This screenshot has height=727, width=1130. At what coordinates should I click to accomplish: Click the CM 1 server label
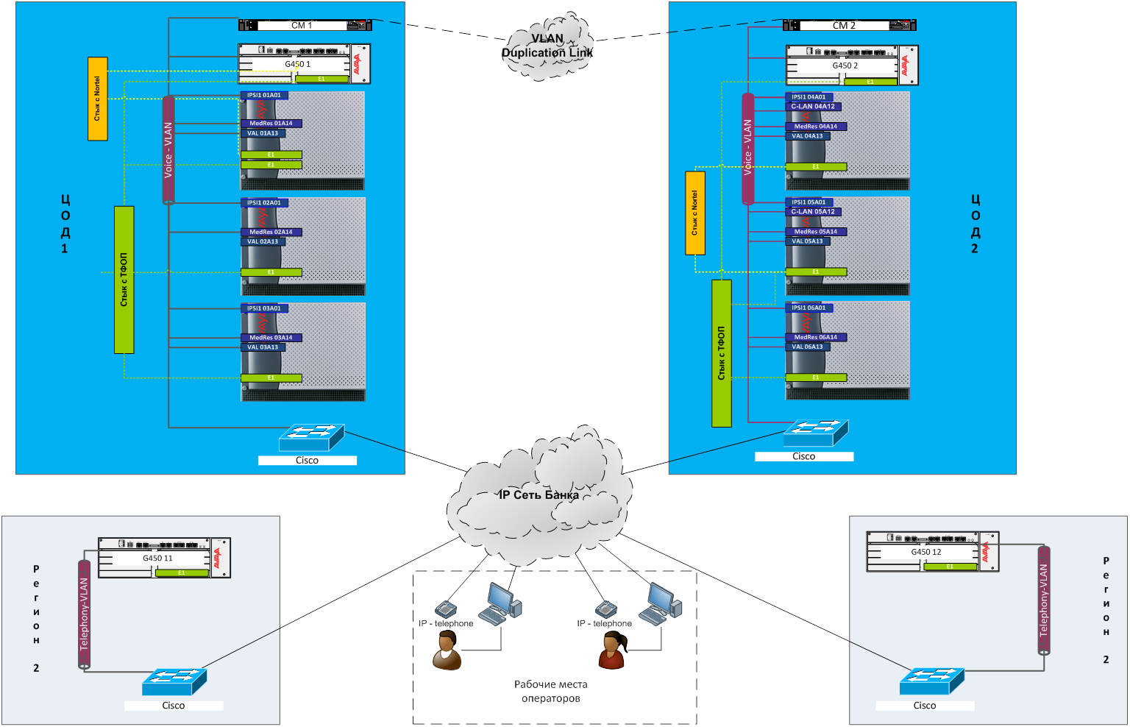click(x=302, y=25)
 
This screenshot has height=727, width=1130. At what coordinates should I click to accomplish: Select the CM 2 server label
click(x=844, y=25)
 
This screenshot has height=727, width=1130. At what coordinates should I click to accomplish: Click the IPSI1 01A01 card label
click(x=264, y=96)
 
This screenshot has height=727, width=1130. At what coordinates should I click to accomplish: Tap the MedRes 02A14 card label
click(x=271, y=232)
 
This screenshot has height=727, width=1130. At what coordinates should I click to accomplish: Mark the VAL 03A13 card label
click(x=263, y=347)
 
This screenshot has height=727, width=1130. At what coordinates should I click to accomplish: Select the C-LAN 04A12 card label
click(x=813, y=107)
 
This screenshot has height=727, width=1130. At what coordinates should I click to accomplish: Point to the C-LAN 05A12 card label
click(x=813, y=212)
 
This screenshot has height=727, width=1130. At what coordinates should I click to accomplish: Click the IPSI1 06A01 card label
click(x=809, y=308)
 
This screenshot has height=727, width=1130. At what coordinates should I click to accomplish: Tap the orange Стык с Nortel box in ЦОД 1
click(x=98, y=99)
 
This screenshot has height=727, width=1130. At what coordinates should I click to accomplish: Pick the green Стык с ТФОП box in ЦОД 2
click(x=722, y=353)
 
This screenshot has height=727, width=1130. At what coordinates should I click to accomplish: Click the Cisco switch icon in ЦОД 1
click(x=311, y=437)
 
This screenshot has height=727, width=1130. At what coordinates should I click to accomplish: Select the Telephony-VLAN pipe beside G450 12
click(x=1043, y=600)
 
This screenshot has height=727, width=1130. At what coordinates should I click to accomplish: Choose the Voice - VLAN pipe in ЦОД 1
click(x=168, y=150)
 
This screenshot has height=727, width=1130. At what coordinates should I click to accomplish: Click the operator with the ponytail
click(x=612, y=650)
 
